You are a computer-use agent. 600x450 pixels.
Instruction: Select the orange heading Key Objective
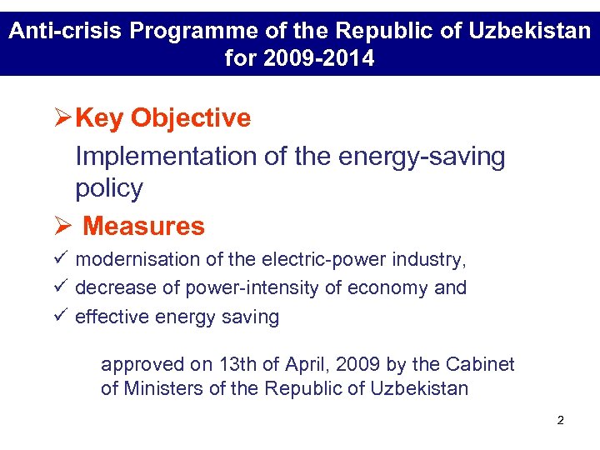[162, 118]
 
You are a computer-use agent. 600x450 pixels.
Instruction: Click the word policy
[109, 188]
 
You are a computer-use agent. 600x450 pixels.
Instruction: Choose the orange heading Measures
[144, 226]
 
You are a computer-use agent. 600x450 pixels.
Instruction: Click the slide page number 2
[560, 421]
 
